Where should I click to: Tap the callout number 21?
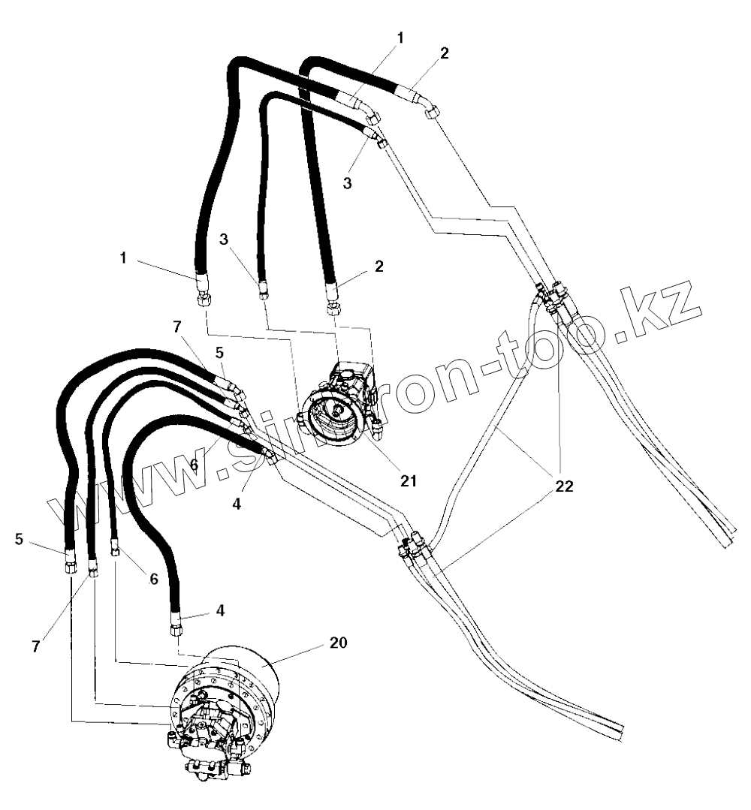point(408,480)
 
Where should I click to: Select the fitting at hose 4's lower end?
point(176,628)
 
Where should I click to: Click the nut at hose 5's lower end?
point(70,568)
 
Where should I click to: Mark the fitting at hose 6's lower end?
point(116,551)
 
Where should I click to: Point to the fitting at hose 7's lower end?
point(92,571)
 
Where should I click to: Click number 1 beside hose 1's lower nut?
point(122,257)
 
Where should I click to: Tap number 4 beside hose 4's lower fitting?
point(220,611)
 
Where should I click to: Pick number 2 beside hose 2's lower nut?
point(380,266)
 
